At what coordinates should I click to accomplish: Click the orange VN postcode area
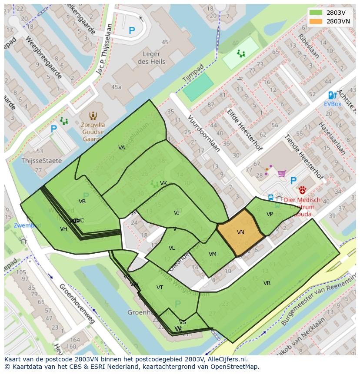click(x=240, y=233)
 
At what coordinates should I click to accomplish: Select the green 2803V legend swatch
click(x=316, y=12)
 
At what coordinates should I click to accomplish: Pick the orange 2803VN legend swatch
click(x=316, y=21)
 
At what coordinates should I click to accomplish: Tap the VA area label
click(x=122, y=148)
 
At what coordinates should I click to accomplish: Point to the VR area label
click(x=267, y=283)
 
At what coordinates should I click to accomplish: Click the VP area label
click(x=270, y=214)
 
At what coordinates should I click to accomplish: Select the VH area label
click(x=63, y=229)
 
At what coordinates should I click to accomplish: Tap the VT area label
click(x=160, y=288)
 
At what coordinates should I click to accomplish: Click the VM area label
click(x=212, y=254)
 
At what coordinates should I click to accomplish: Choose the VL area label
click(x=172, y=248)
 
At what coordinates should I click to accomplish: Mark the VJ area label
click(x=177, y=213)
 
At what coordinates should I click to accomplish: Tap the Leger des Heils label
click(x=151, y=58)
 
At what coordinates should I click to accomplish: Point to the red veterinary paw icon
click(x=302, y=190)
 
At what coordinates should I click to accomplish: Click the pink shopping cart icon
click(x=282, y=173)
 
